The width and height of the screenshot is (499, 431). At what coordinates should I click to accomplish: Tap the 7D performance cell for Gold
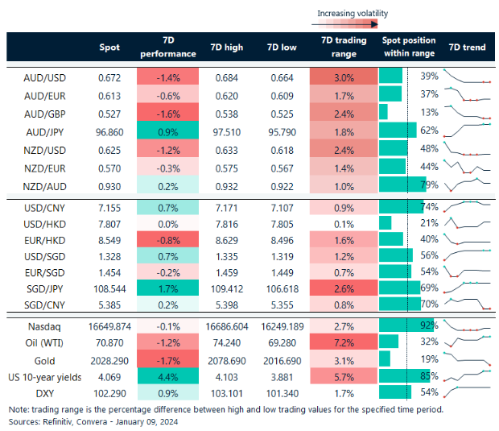pos(167,358)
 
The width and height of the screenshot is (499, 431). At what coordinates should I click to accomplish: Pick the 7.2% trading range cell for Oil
pos(344,342)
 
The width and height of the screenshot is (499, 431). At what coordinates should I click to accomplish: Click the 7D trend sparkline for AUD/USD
pos(468,77)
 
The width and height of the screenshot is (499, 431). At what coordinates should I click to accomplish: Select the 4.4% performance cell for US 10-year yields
pos(167,375)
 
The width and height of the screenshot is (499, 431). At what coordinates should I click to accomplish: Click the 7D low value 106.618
pos(279,288)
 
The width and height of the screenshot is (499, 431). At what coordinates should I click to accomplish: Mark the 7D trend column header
pos(467,48)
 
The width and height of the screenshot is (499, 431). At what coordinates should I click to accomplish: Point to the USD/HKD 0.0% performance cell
pos(167,222)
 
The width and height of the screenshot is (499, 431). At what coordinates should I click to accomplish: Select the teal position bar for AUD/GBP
pos(383,111)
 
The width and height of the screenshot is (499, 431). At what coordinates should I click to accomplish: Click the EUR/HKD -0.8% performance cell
pos(167,238)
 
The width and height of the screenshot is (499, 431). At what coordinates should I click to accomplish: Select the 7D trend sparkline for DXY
pos(468,392)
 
